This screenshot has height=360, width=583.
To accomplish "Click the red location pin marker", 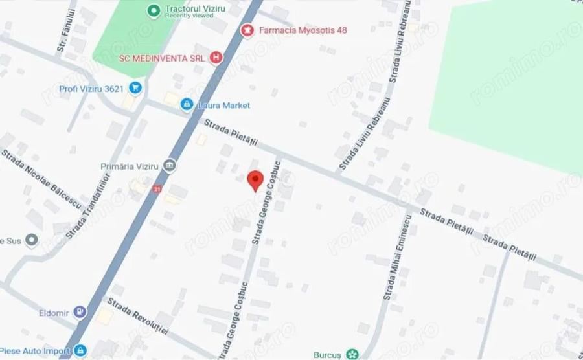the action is coord(255,179).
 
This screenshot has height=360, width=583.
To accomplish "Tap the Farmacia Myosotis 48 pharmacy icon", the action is coord(247,30).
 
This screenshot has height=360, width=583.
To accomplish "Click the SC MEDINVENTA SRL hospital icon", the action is coord(216,58).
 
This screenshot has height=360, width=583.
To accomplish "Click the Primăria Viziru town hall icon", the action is coord(170,166).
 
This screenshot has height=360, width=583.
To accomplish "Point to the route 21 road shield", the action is coord(157,189).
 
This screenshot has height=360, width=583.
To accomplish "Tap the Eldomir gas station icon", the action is coord(80,312).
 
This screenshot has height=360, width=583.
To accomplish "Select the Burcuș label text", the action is coord(329,354).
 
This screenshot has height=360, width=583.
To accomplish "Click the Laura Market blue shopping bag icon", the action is coord(187,104).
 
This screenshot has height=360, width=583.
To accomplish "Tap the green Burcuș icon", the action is coord(352,354).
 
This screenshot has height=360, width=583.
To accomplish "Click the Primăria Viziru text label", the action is coord(130,166).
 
